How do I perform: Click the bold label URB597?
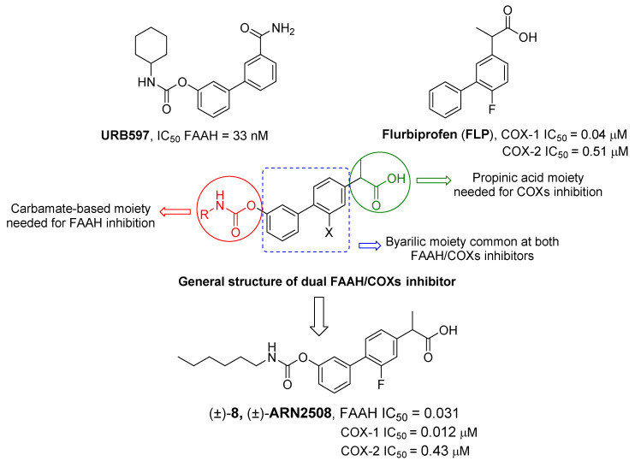[x=125, y=135]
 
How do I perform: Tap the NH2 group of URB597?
[x=283, y=29]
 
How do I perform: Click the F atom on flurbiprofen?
[x=491, y=109]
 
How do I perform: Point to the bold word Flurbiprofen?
[x=419, y=134]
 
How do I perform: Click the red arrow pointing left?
[x=175, y=211]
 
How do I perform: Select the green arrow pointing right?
[x=434, y=180]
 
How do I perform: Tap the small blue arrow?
[x=371, y=245]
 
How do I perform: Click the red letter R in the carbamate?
[x=204, y=215]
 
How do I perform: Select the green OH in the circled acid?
[x=396, y=179]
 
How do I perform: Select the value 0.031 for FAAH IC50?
[x=441, y=413]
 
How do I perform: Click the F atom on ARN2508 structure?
[x=381, y=384]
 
